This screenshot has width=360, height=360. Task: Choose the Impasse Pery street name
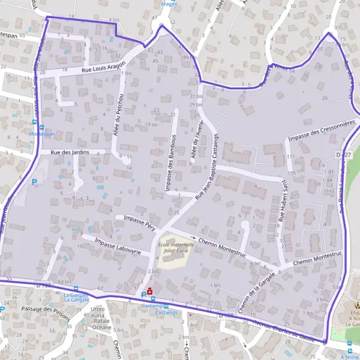click(x=139, y=220)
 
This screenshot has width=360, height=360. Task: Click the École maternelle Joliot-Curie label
click(x=176, y=248)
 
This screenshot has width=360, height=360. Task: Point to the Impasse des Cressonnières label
click(x=322, y=130)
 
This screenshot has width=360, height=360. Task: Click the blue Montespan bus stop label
click(x=42, y=134)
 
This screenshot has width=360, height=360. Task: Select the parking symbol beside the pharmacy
click(x=142, y=294)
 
